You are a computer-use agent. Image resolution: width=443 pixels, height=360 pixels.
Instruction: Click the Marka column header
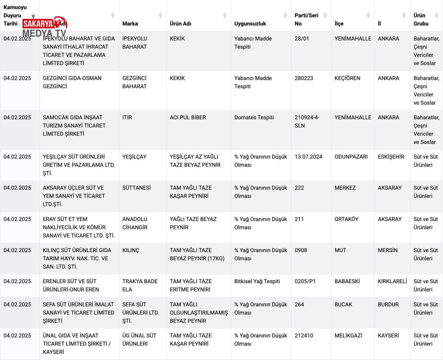click(x=130, y=24)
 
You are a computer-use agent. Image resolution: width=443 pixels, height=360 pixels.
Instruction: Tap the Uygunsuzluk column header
click(x=250, y=24)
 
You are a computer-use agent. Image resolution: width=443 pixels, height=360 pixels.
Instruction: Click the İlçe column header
click(x=339, y=24)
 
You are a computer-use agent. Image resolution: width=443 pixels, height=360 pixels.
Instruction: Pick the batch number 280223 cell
click(x=305, y=78)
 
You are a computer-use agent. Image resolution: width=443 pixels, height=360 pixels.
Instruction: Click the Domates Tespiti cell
click(x=254, y=117)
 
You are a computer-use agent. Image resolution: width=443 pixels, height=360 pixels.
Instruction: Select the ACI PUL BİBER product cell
click(x=188, y=117)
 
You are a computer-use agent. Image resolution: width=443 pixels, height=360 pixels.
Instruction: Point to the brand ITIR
click(x=127, y=117)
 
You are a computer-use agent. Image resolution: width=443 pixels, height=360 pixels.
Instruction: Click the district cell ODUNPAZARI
click(x=351, y=157)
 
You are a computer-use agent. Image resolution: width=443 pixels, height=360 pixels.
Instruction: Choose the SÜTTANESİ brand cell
click(x=137, y=188)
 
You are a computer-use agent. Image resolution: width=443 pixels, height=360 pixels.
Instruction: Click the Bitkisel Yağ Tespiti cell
click(x=257, y=281)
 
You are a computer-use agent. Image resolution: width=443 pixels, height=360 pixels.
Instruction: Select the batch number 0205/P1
click(x=305, y=281)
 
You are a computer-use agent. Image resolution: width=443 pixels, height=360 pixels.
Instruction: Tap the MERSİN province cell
click(x=388, y=250)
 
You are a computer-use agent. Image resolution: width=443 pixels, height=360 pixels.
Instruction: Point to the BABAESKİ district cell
click(x=347, y=281)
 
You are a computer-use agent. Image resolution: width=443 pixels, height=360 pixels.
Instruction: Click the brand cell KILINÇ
click(x=131, y=250)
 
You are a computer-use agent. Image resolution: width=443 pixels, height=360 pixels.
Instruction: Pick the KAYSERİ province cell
click(x=388, y=336)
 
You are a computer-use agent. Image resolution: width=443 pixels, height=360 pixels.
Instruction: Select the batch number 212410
click(x=304, y=336)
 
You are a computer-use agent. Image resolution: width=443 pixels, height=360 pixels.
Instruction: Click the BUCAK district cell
click(x=343, y=305)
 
